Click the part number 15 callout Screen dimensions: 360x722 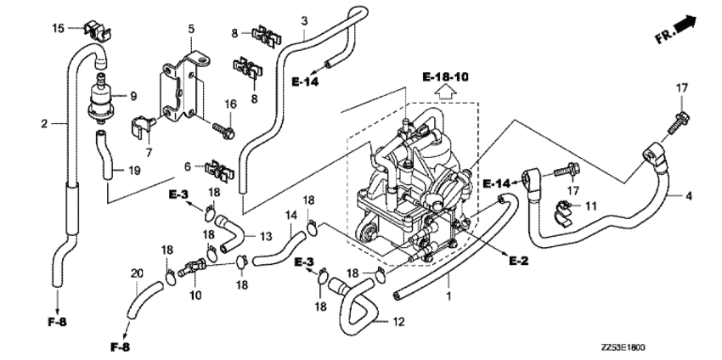58,29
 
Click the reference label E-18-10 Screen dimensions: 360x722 444,77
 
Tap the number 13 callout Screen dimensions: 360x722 265,235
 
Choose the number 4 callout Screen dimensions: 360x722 688,196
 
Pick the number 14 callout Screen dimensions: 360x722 290,215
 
